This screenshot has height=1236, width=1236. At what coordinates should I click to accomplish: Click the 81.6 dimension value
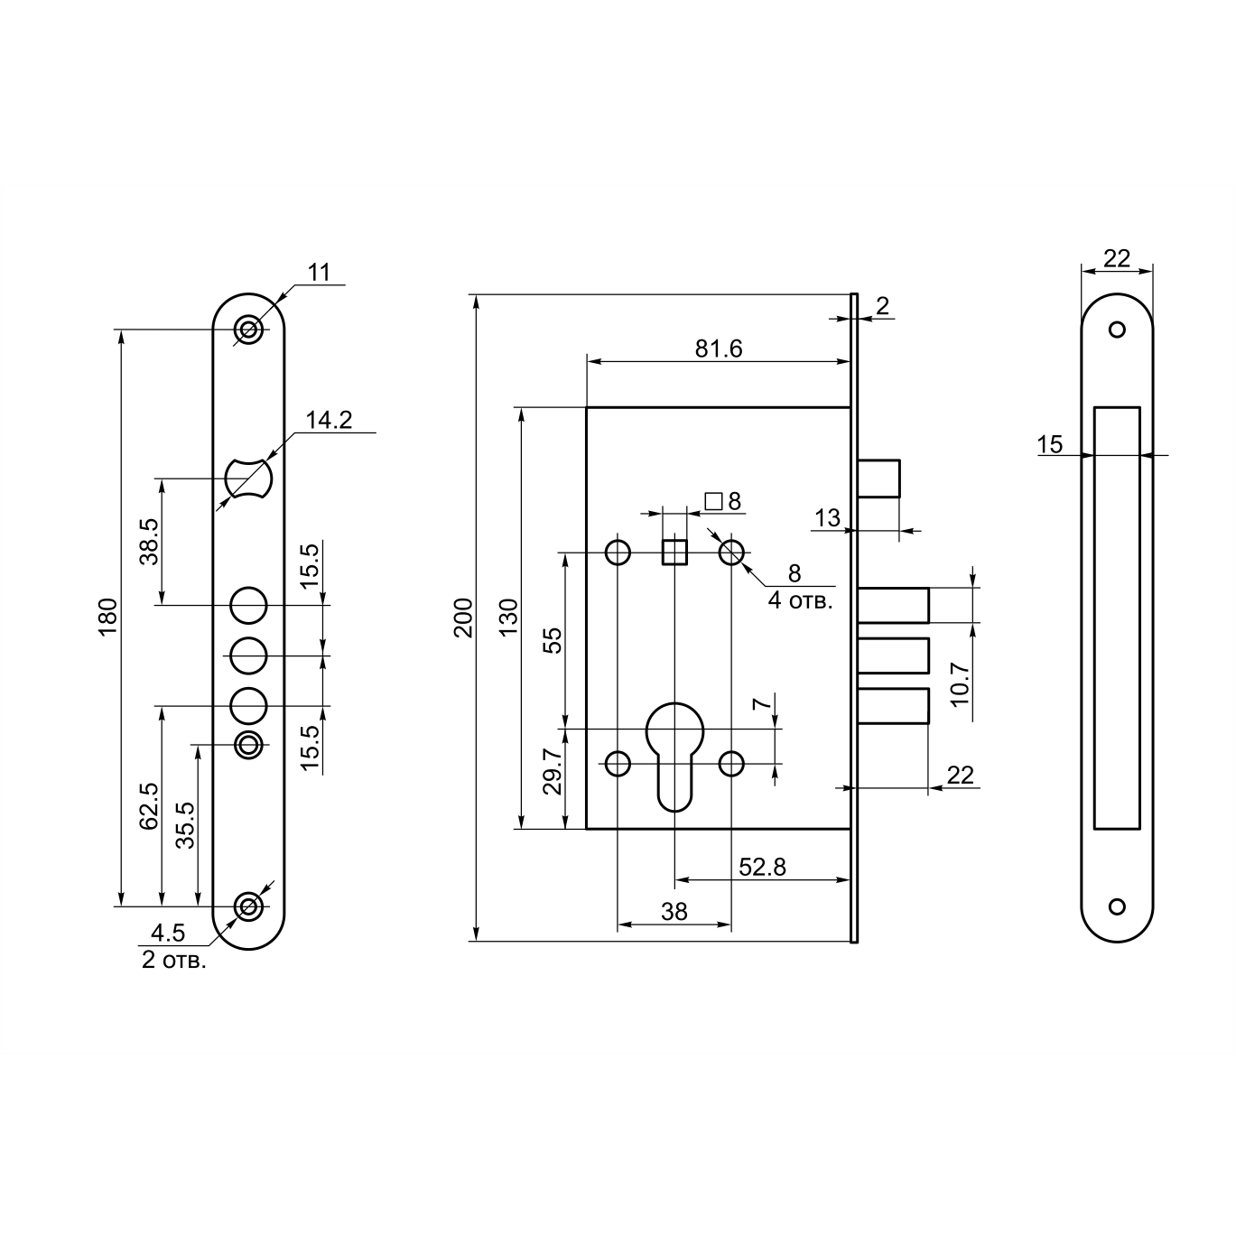tap(719, 348)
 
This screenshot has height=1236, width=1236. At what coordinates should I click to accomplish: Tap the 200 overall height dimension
tap(463, 618)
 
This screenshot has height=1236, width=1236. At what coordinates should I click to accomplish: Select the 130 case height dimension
tap(508, 617)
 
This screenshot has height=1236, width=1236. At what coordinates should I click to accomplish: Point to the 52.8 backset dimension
tap(762, 868)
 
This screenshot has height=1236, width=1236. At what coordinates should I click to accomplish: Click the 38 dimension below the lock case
tap(674, 911)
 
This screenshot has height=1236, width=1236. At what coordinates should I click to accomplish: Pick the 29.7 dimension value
tap(553, 772)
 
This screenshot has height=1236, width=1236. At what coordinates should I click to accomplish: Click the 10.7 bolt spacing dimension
tap(960, 684)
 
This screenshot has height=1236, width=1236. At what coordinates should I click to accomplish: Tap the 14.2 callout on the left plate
tap(329, 420)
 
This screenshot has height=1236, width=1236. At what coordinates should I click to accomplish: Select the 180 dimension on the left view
tap(108, 617)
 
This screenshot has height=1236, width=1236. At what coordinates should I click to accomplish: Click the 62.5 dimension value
tap(150, 806)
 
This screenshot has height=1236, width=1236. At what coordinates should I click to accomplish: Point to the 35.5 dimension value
tap(185, 825)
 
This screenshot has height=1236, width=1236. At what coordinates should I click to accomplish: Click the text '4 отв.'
tap(800, 601)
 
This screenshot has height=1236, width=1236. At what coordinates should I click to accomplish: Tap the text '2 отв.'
tap(174, 961)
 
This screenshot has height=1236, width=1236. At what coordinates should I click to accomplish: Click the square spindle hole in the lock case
tap(674, 552)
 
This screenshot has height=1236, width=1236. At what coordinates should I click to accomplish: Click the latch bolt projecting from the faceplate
tap(878, 478)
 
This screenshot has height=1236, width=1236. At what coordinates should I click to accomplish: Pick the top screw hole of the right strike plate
tap(1117, 330)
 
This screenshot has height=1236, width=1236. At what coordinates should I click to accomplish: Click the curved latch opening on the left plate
tap(249, 478)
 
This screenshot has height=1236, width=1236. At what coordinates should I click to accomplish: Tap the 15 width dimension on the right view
tap(1050, 444)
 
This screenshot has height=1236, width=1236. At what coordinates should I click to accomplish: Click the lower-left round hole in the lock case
tap(618, 764)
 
